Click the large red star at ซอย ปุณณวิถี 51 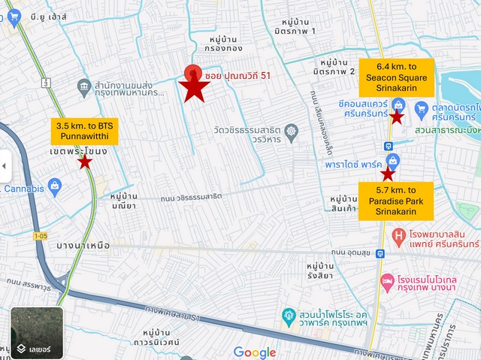click(195, 88)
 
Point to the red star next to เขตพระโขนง click(85, 162)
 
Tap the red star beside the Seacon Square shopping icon click(397, 117)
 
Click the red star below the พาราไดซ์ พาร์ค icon click(388, 174)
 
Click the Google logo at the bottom click(255, 352)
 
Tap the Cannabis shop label click(23, 189)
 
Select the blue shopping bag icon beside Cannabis click(53, 184)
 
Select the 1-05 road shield click(41, 236)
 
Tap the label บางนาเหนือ click(83, 245)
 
